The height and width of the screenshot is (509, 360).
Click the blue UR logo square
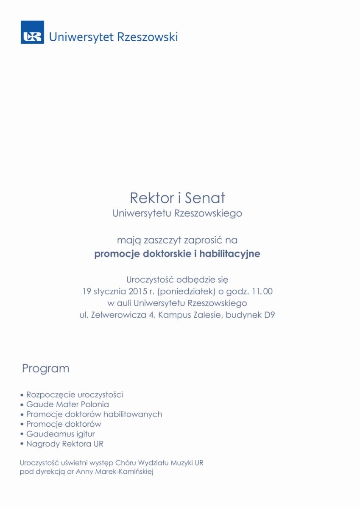(32, 32)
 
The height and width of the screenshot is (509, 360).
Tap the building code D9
(270, 316)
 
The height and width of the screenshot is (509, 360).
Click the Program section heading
(45, 369)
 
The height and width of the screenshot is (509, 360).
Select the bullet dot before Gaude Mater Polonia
(22, 405)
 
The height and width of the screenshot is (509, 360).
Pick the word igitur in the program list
(84, 434)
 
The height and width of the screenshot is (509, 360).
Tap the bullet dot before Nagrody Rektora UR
(22, 445)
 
